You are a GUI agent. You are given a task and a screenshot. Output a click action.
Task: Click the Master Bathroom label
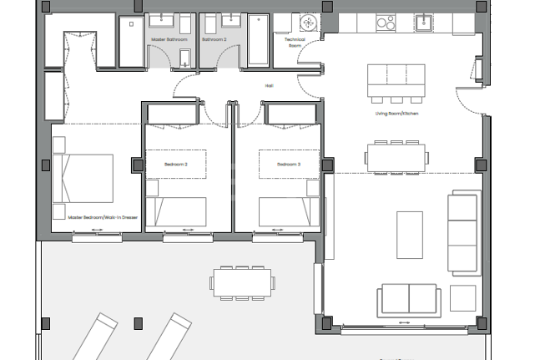click(169, 39)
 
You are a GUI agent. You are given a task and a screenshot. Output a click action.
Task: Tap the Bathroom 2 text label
click(214, 39)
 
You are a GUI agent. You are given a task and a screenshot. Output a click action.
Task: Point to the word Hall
click(270, 84)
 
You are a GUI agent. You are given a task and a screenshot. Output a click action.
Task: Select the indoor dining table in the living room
click(396, 155)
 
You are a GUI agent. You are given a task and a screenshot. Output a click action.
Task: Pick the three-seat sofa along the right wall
click(465, 232)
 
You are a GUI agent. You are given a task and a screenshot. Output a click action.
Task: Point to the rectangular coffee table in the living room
click(409, 235)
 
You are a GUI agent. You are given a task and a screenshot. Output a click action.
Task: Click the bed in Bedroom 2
click(177, 212)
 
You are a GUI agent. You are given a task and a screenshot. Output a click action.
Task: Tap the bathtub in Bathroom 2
click(258, 41)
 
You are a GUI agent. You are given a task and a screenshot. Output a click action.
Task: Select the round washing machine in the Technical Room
click(309, 22)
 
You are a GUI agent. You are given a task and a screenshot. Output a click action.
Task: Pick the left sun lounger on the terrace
click(92, 334)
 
